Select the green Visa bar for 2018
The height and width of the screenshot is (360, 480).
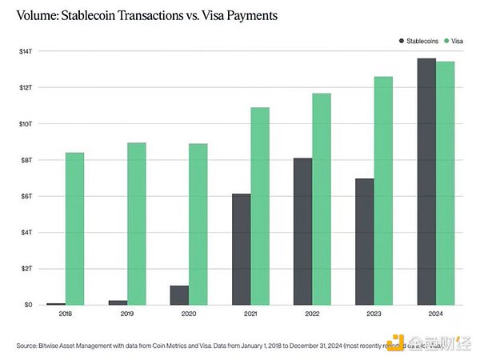[74, 229]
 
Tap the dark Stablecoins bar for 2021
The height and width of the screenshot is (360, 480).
[242, 249]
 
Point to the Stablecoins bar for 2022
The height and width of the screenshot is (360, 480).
[303, 231]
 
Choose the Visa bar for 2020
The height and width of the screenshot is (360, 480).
[198, 224]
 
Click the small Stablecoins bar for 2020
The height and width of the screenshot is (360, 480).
[180, 295]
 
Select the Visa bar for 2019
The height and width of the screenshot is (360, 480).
[136, 224]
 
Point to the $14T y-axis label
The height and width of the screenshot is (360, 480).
[26, 51]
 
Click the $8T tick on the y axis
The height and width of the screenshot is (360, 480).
[26, 160]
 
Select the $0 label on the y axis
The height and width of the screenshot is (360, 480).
[28, 305]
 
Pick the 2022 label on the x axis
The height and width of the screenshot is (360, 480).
[312, 315]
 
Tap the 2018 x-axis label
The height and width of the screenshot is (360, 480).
[66, 315]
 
